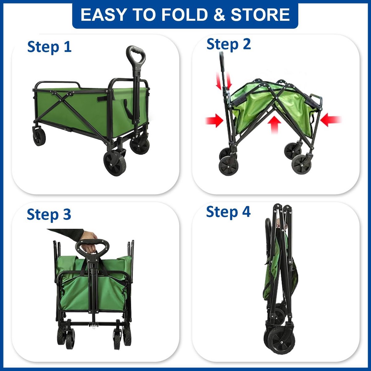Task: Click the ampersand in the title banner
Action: click(x=219, y=15)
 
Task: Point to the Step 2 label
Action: click(x=228, y=45)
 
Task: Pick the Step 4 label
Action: click(x=228, y=212)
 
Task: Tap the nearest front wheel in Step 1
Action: click(x=115, y=163)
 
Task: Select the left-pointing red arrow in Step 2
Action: click(x=331, y=120)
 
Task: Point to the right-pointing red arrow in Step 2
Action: click(x=214, y=120)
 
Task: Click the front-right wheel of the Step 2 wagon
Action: click(x=301, y=164)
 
